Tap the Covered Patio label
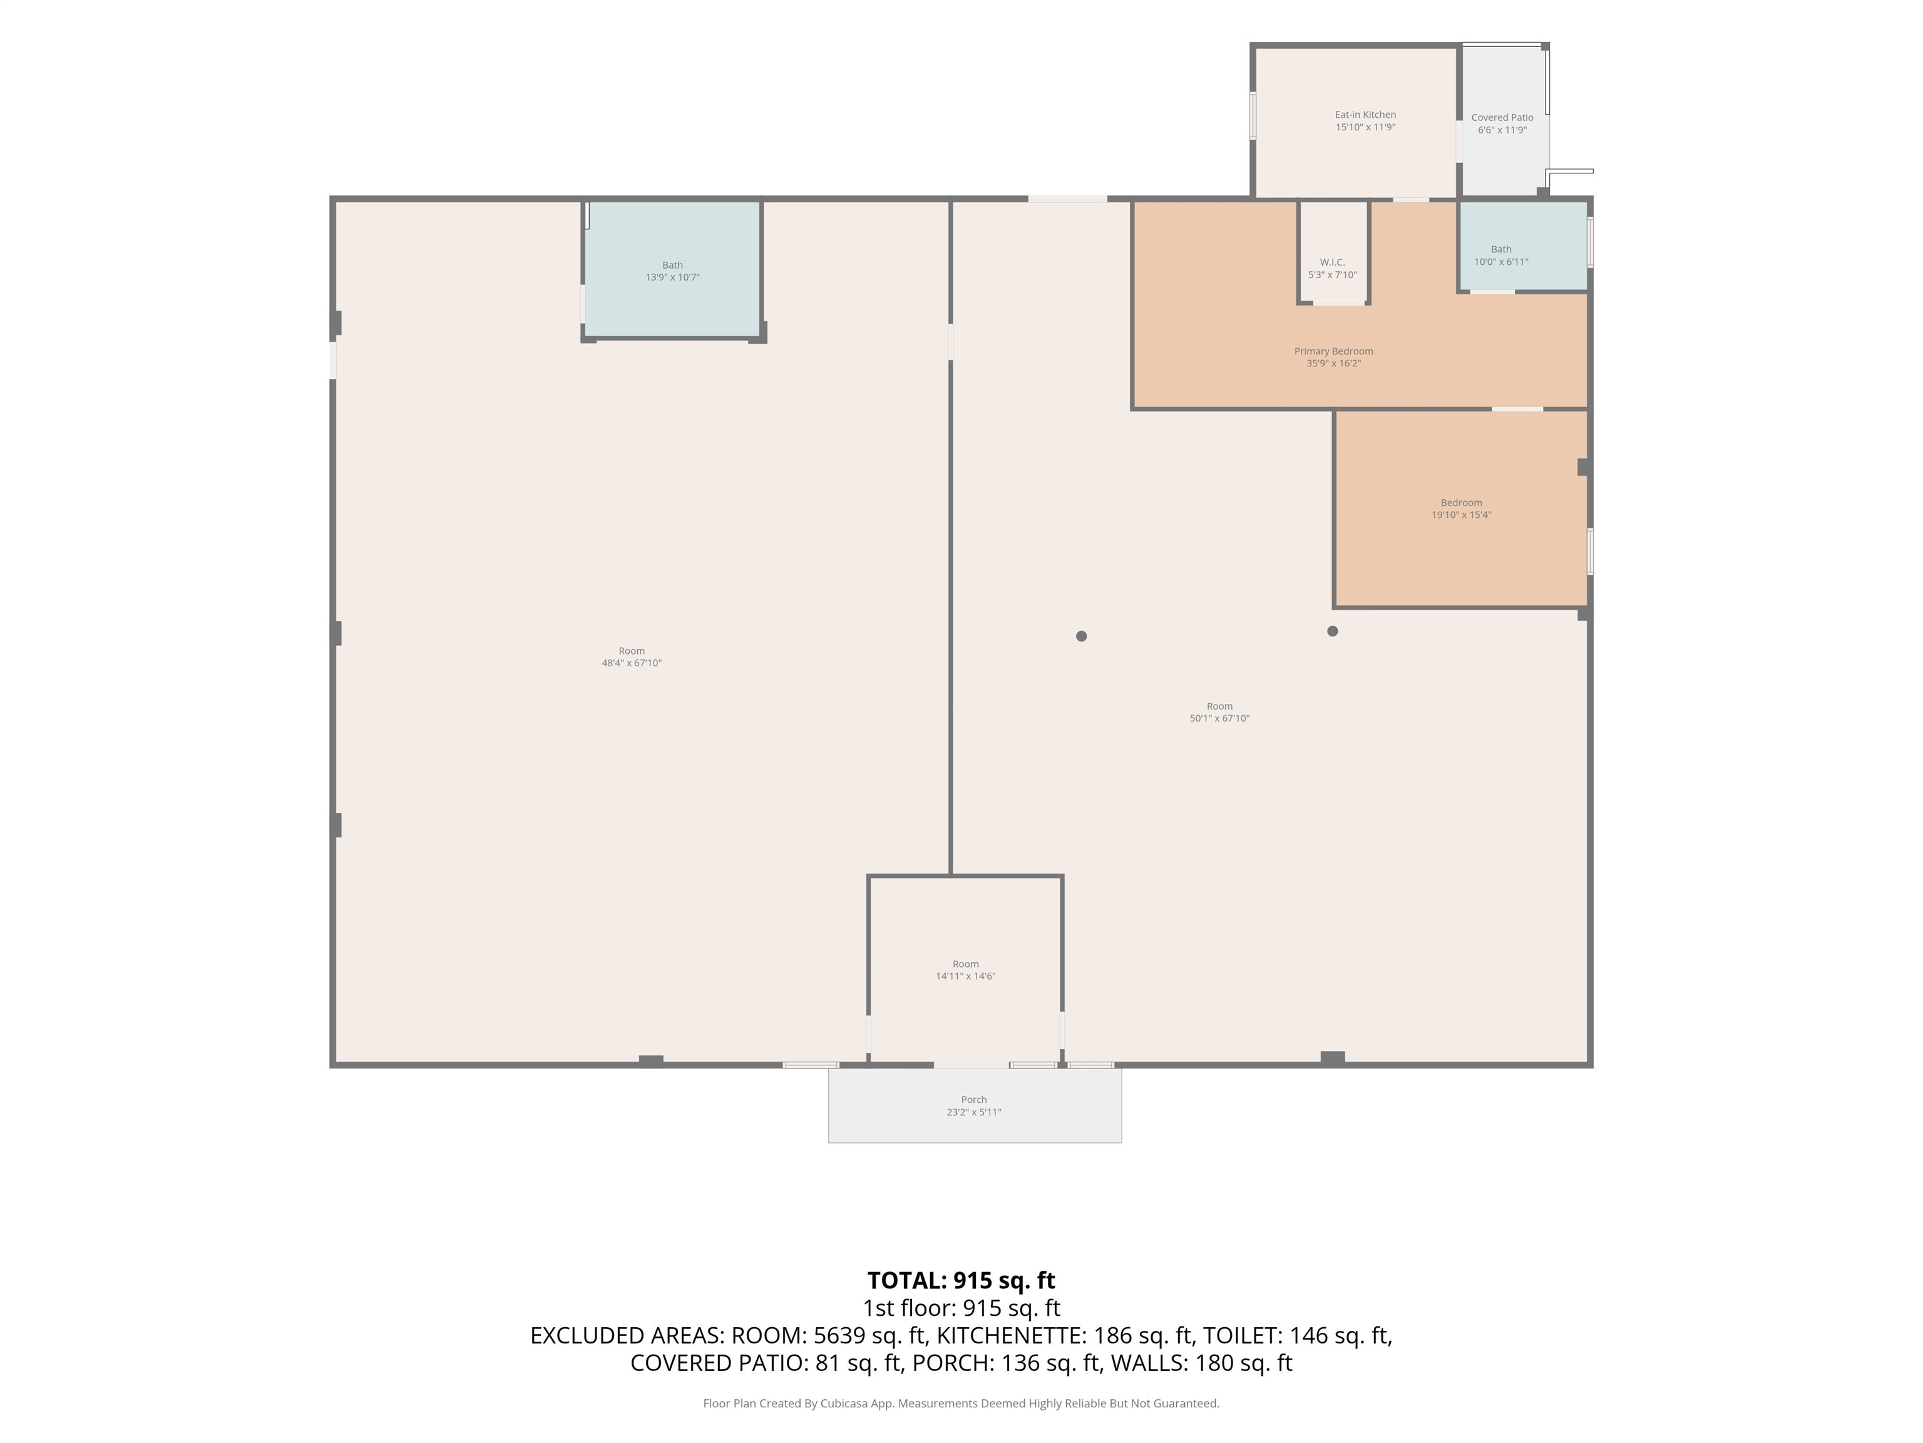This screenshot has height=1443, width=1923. (1502, 117)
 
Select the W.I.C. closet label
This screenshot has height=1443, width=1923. (1332, 262)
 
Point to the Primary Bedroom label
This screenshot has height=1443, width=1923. (1333, 351)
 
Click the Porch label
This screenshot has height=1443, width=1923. (973, 1099)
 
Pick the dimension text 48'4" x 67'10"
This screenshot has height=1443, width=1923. (632, 663)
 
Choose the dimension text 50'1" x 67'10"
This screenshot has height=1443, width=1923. (1219, 718)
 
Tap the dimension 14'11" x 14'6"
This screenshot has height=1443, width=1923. (966, 976)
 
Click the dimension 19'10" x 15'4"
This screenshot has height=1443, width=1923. (1462, 515)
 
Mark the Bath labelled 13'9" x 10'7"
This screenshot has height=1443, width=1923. (672, 266)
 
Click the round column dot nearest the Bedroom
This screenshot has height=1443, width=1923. (1333, 631)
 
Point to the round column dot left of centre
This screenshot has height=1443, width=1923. (1082, 637)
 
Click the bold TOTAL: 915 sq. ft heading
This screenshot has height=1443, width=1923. (961, 1280)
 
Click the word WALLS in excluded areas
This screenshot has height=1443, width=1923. (1149, 1363)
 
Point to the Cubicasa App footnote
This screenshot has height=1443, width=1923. (961, 1403)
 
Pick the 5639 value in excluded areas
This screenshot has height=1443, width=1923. (841, 1335)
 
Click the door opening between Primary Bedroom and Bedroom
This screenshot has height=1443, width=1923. (1518, 409)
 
